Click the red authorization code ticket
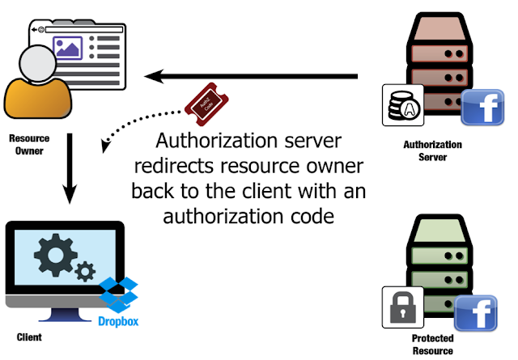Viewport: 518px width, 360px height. (207, 104)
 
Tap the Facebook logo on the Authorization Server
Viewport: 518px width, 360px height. (482, 108)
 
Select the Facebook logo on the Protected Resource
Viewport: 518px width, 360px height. (476, 313)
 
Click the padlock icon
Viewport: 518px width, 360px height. (403, 307)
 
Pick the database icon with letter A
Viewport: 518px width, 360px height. (403, 105)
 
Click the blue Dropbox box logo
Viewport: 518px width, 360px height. (118, 295)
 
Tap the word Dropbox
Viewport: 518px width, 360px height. (118, 321)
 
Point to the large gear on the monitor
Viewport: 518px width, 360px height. (56, 255)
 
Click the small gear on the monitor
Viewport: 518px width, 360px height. (85, 272)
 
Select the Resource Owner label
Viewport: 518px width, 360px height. (29, 144)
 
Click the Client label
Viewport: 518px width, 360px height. (29, 337)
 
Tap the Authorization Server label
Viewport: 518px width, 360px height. (432, 150)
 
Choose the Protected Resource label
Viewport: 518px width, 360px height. (432, 345)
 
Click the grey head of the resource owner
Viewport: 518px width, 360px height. (38, 63)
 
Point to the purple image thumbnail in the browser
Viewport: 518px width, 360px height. (68, 48)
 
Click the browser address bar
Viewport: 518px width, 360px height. (84, 30)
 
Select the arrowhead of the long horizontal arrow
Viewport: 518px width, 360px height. (155, 76)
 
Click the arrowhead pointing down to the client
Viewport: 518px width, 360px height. (70, 194)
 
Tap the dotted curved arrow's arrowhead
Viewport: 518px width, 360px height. (106, 146)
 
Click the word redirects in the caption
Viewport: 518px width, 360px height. (174, 166)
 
